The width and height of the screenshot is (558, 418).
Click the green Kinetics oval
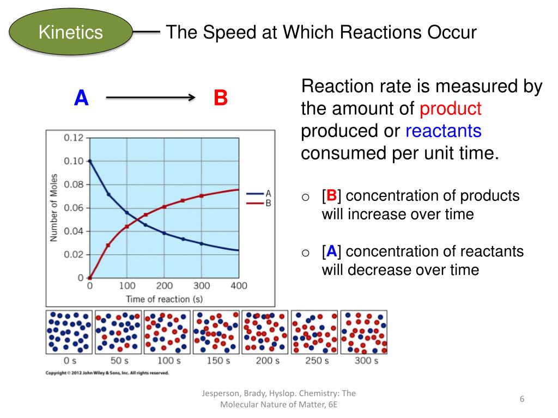tap(71, 33)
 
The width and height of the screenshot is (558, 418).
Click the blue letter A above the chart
tap(81, 99)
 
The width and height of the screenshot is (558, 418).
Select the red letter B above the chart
tap(220, 99)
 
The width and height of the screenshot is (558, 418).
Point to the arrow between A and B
tap(150, 98)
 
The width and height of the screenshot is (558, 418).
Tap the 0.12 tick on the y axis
tap(74, 138)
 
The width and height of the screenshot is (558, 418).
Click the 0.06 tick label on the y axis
tap(74, 208)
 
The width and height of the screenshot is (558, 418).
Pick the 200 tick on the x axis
tap(165, 286)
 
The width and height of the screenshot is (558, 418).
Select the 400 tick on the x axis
tap(239, 286)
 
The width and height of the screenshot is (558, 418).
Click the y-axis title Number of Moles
tap(54, 208)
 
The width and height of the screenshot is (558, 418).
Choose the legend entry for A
tap(259, 193)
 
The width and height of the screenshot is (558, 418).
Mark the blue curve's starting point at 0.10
tap(90, 161)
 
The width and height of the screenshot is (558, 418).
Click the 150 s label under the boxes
tap(217, 360)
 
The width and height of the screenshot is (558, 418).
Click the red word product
tap(451, 109)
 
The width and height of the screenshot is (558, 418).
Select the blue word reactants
tap(444, 131)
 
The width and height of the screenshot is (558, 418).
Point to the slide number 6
tap(521, 399)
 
